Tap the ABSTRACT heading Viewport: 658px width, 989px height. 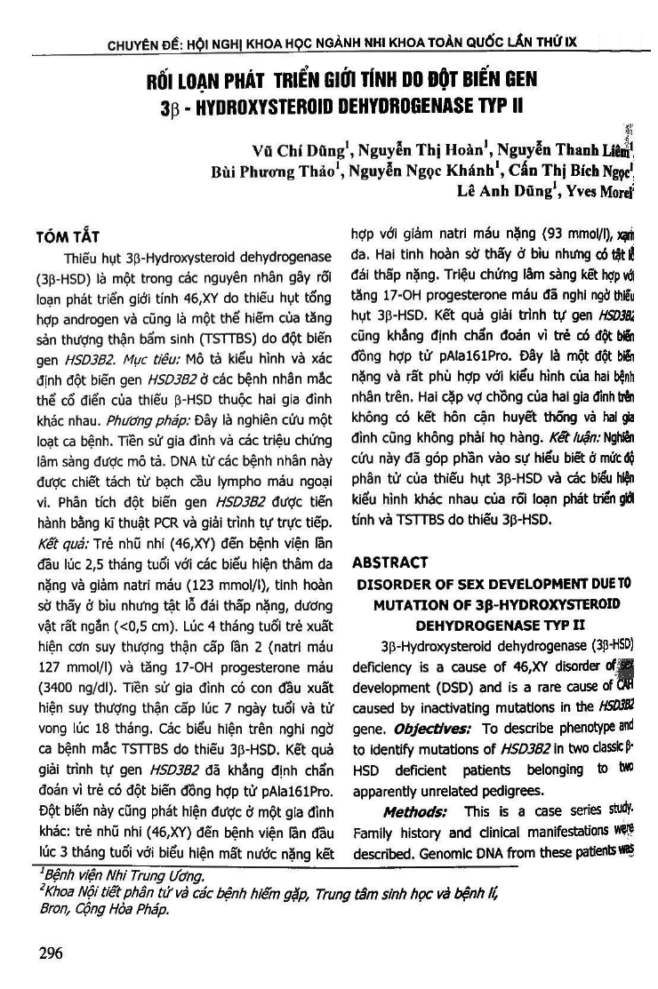point(389,562)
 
